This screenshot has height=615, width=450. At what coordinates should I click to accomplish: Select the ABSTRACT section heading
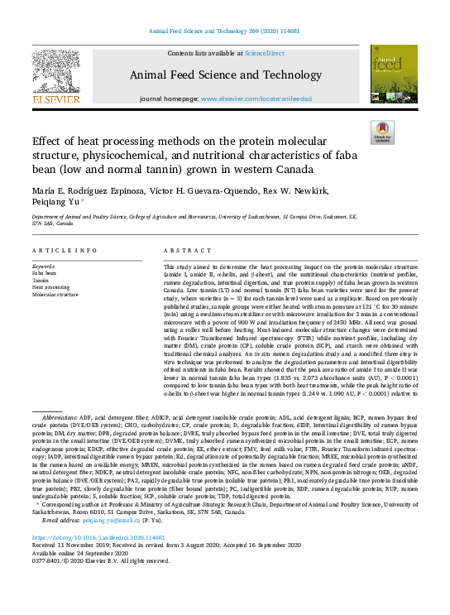[x=183, y=249]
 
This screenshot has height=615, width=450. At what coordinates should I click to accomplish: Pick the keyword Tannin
[x=42, y=280]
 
